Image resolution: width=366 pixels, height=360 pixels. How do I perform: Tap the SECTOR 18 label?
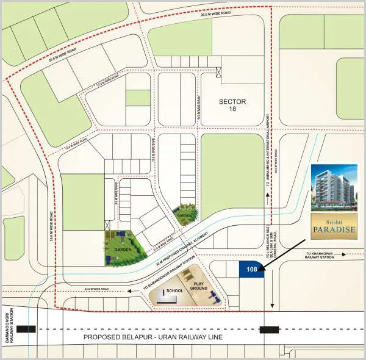point(231,105)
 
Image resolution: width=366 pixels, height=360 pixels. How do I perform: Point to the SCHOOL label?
point(174,290)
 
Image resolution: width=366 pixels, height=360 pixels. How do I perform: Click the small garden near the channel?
point(185,214)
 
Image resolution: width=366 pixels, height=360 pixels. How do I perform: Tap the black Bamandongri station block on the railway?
point(26,329)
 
